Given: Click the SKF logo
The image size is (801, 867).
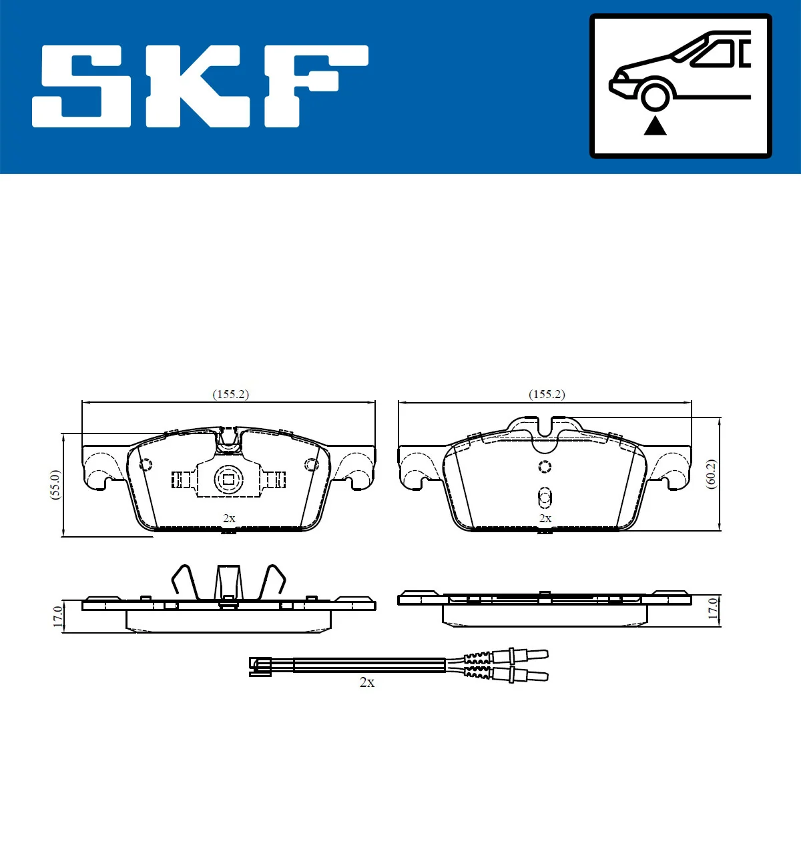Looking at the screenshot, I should [x=200, y=86].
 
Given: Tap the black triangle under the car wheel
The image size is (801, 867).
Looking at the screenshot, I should [x=655, y=125].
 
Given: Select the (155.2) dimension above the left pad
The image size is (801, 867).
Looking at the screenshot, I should [x=230, y=394].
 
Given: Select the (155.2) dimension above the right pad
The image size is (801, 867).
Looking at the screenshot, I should [x=547, y=394].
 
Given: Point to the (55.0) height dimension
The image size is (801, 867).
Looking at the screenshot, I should [x=55, y=484].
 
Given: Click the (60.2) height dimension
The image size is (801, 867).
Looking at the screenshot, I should [x=711, y=474].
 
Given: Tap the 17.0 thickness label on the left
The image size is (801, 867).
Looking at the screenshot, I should [x=58, y=616].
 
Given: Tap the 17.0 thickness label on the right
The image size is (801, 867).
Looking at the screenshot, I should [x=713, y=610].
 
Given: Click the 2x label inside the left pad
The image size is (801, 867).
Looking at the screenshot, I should [x=229, y=518].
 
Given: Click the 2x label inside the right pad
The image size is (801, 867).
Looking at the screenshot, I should [x=545, y=518].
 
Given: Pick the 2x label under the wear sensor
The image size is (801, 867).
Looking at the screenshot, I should [x=367, y=682].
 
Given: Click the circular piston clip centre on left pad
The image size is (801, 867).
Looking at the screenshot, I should [x=228, y=479].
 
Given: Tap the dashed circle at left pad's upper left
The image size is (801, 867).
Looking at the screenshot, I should [x=145, y=464].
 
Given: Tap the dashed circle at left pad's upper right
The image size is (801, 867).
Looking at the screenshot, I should [x=311, y=464].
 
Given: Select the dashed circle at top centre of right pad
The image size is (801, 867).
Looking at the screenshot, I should [x=545, y=466].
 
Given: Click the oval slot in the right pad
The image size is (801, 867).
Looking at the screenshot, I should [x=545, y=497].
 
